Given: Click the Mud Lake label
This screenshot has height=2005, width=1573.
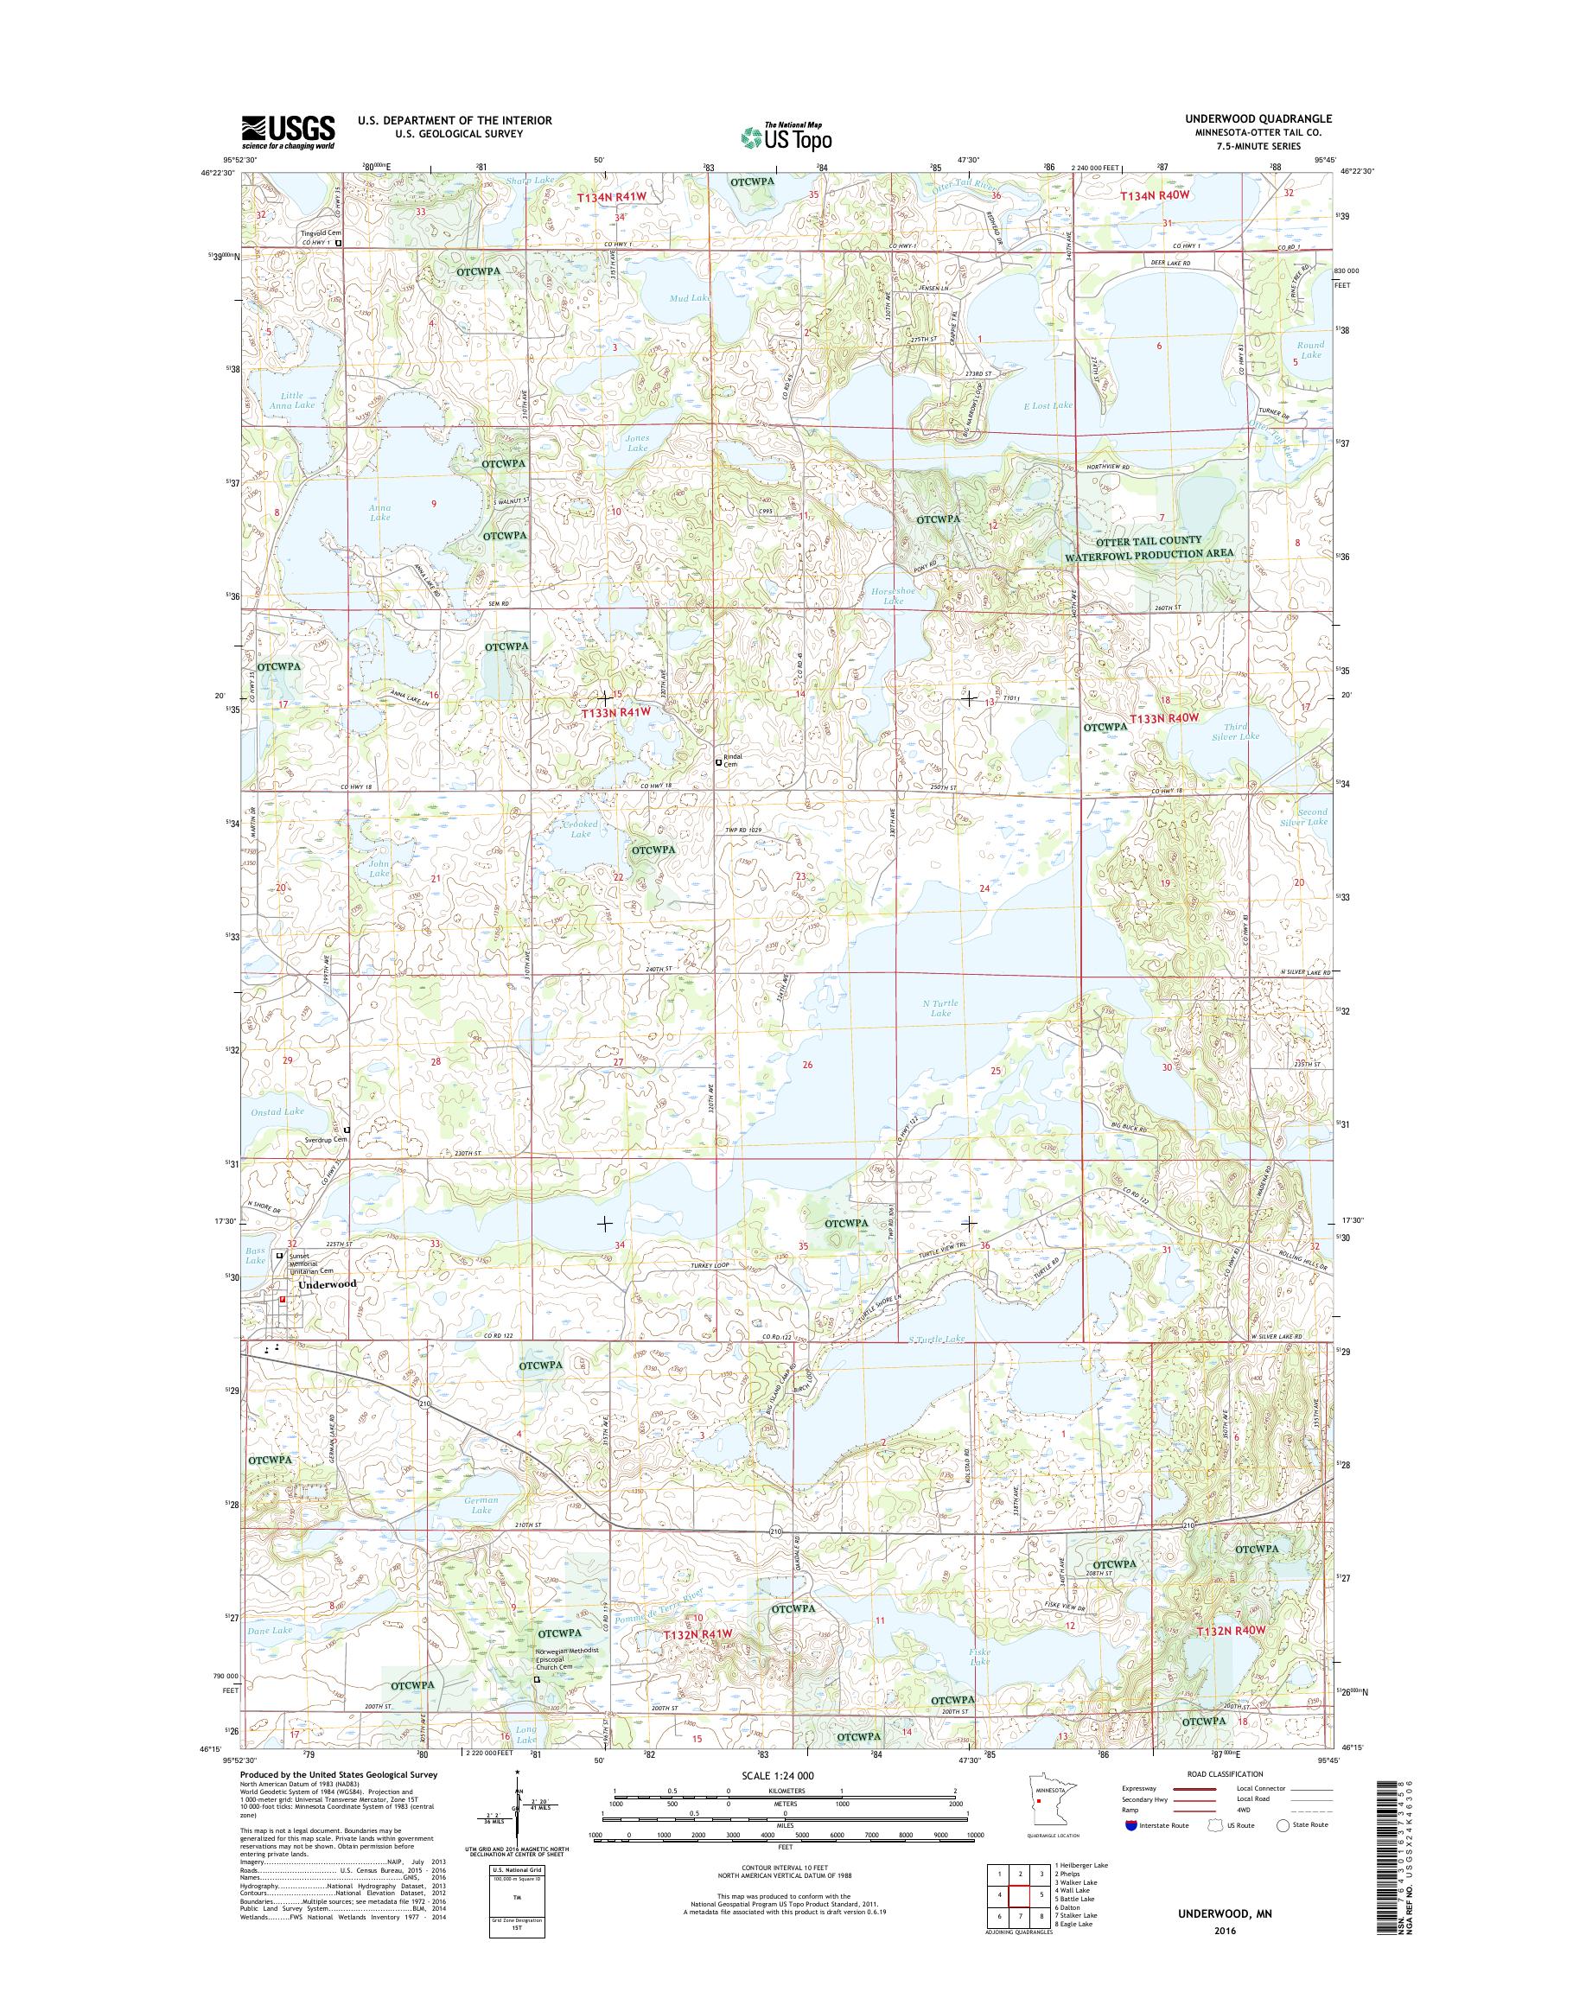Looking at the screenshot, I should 690,298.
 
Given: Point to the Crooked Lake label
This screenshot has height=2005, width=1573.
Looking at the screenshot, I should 580,828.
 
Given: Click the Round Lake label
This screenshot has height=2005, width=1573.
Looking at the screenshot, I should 1309,350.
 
